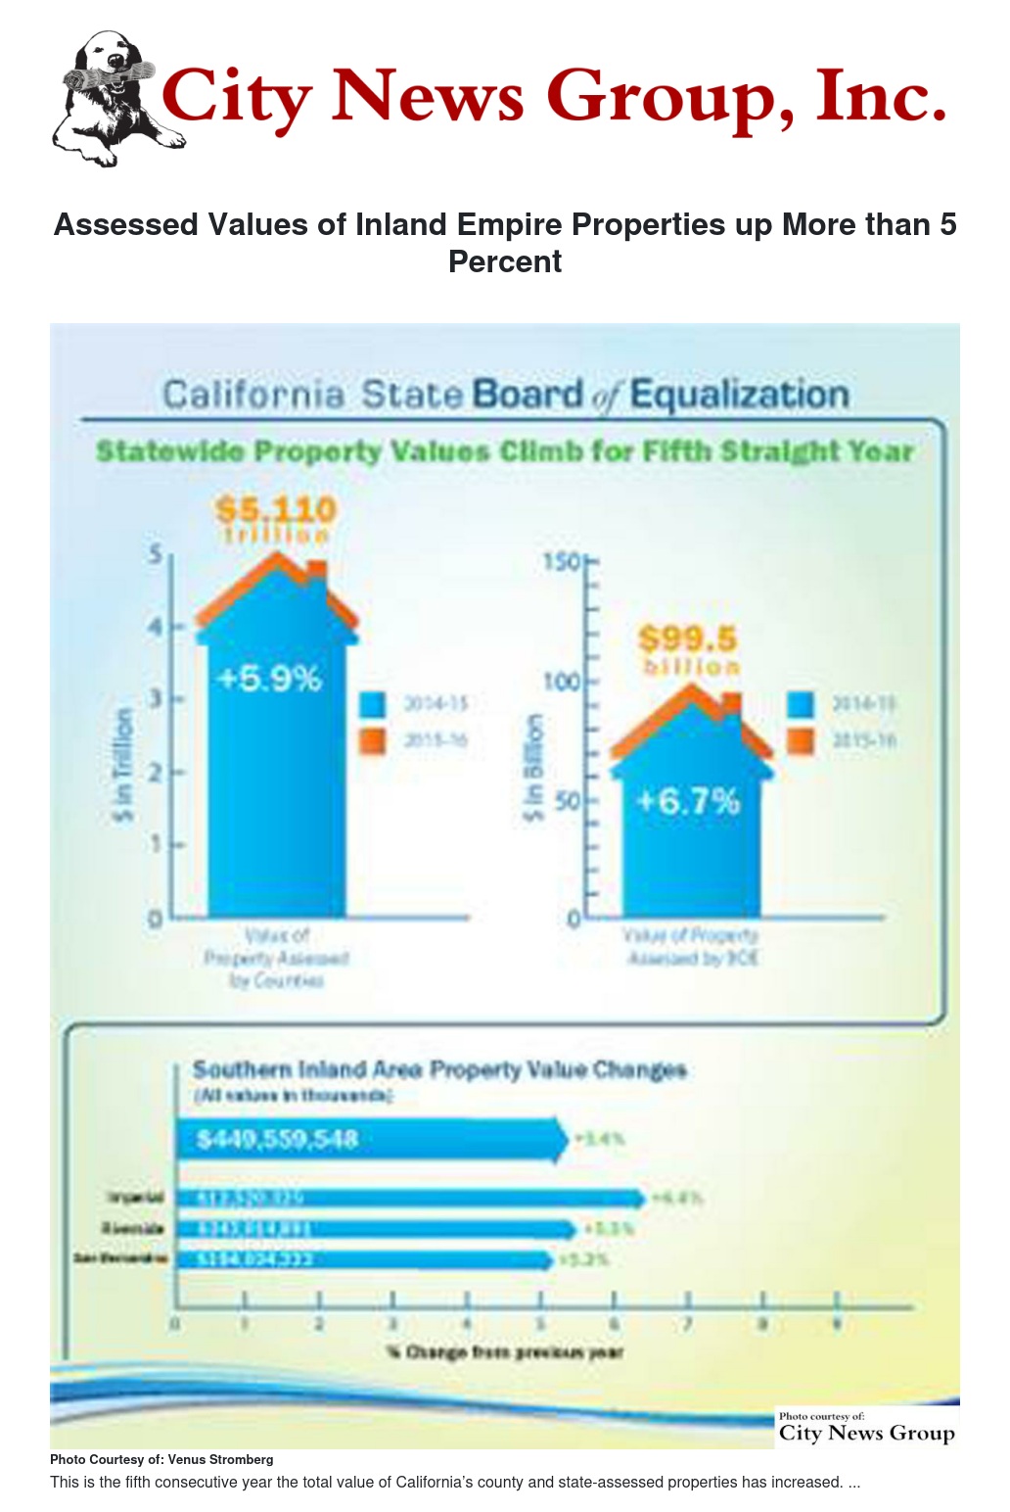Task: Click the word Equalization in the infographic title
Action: click(x=739, y=395)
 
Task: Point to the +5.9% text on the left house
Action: click(x=269, y=678)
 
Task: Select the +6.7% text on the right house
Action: click(x=688, y=801)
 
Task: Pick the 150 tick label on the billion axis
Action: click(x=562, y=562)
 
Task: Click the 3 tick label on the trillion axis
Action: click(x=155, y=698)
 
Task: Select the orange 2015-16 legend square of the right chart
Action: click(x=801, y=740)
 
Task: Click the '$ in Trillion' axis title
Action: click(x=122, y=765)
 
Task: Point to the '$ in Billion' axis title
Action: click(x=532, y=768)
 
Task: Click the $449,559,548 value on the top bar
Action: click(x=277, y=1139)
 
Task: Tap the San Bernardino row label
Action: click(x=121, y=1258)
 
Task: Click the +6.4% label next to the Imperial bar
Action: click(x=676, y=1198)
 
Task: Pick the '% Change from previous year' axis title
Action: click(x=504, y=1352)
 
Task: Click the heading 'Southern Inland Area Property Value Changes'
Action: click(x=439, y=1069)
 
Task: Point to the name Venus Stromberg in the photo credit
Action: click(x=220, y=1459)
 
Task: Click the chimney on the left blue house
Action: click(x=316, y=571)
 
